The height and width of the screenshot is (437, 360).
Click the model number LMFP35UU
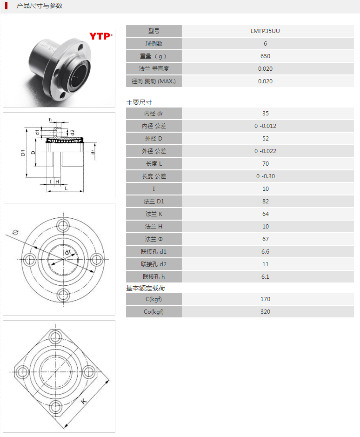[x=265, y=31]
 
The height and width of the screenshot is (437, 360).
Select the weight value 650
[x=265, y=56]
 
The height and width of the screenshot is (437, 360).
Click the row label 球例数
[x=154, y=44]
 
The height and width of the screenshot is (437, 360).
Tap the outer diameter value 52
[x=265, y=139]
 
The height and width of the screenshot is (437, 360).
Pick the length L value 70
[x=265, y=164]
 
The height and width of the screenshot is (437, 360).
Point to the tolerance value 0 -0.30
[x=265, y=176]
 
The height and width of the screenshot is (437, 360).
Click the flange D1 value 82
[x=265, y=202]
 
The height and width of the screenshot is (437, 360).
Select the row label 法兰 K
[x=154, y=214]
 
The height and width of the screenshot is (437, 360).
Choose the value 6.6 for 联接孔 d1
[x=265, y=252]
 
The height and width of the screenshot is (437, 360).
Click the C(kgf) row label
[x=154, y=299]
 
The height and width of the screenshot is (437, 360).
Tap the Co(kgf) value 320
[x=265, y=312]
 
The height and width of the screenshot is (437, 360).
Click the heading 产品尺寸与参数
[x=40, y=6]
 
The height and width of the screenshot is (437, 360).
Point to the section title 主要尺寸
[x=139, y=102]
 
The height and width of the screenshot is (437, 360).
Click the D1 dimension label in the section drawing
[x=23, y=153]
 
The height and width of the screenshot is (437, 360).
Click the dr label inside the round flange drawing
[x=68, y=252]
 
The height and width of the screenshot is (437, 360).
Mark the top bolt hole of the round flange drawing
[x=63, y=225]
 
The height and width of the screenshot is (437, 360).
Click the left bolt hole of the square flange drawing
[x=22, y=372]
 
